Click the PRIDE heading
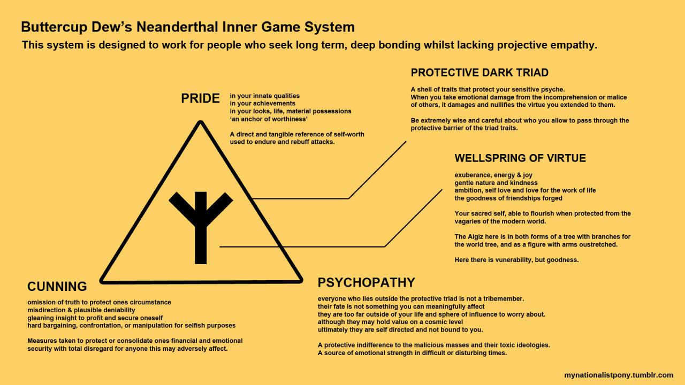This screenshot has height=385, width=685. point(200,98)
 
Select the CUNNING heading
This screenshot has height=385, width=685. point(57,287)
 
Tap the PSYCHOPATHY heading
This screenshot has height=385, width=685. point(366,282)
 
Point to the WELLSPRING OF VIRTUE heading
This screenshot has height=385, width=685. point(520,158)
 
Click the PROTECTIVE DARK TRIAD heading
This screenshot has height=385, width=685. point(479,73)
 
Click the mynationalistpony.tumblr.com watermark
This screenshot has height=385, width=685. point(618,375)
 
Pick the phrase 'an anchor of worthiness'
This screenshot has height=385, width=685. point(269,119)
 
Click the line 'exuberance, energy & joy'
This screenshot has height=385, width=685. point(493,175)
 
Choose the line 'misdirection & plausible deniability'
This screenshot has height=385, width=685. point(81,310)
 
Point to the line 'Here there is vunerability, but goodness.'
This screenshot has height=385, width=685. point(516,260)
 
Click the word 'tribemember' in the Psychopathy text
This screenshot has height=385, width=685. point(503,298)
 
